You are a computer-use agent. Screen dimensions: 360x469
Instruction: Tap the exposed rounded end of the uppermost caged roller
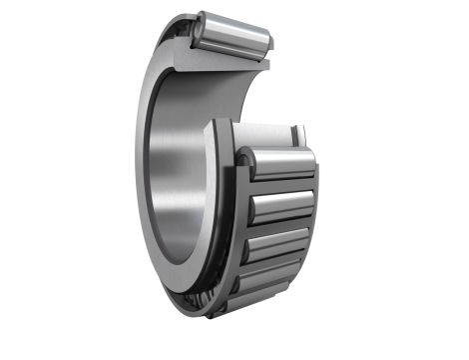point(249,160)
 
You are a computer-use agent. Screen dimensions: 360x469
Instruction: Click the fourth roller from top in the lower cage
point(271,275)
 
